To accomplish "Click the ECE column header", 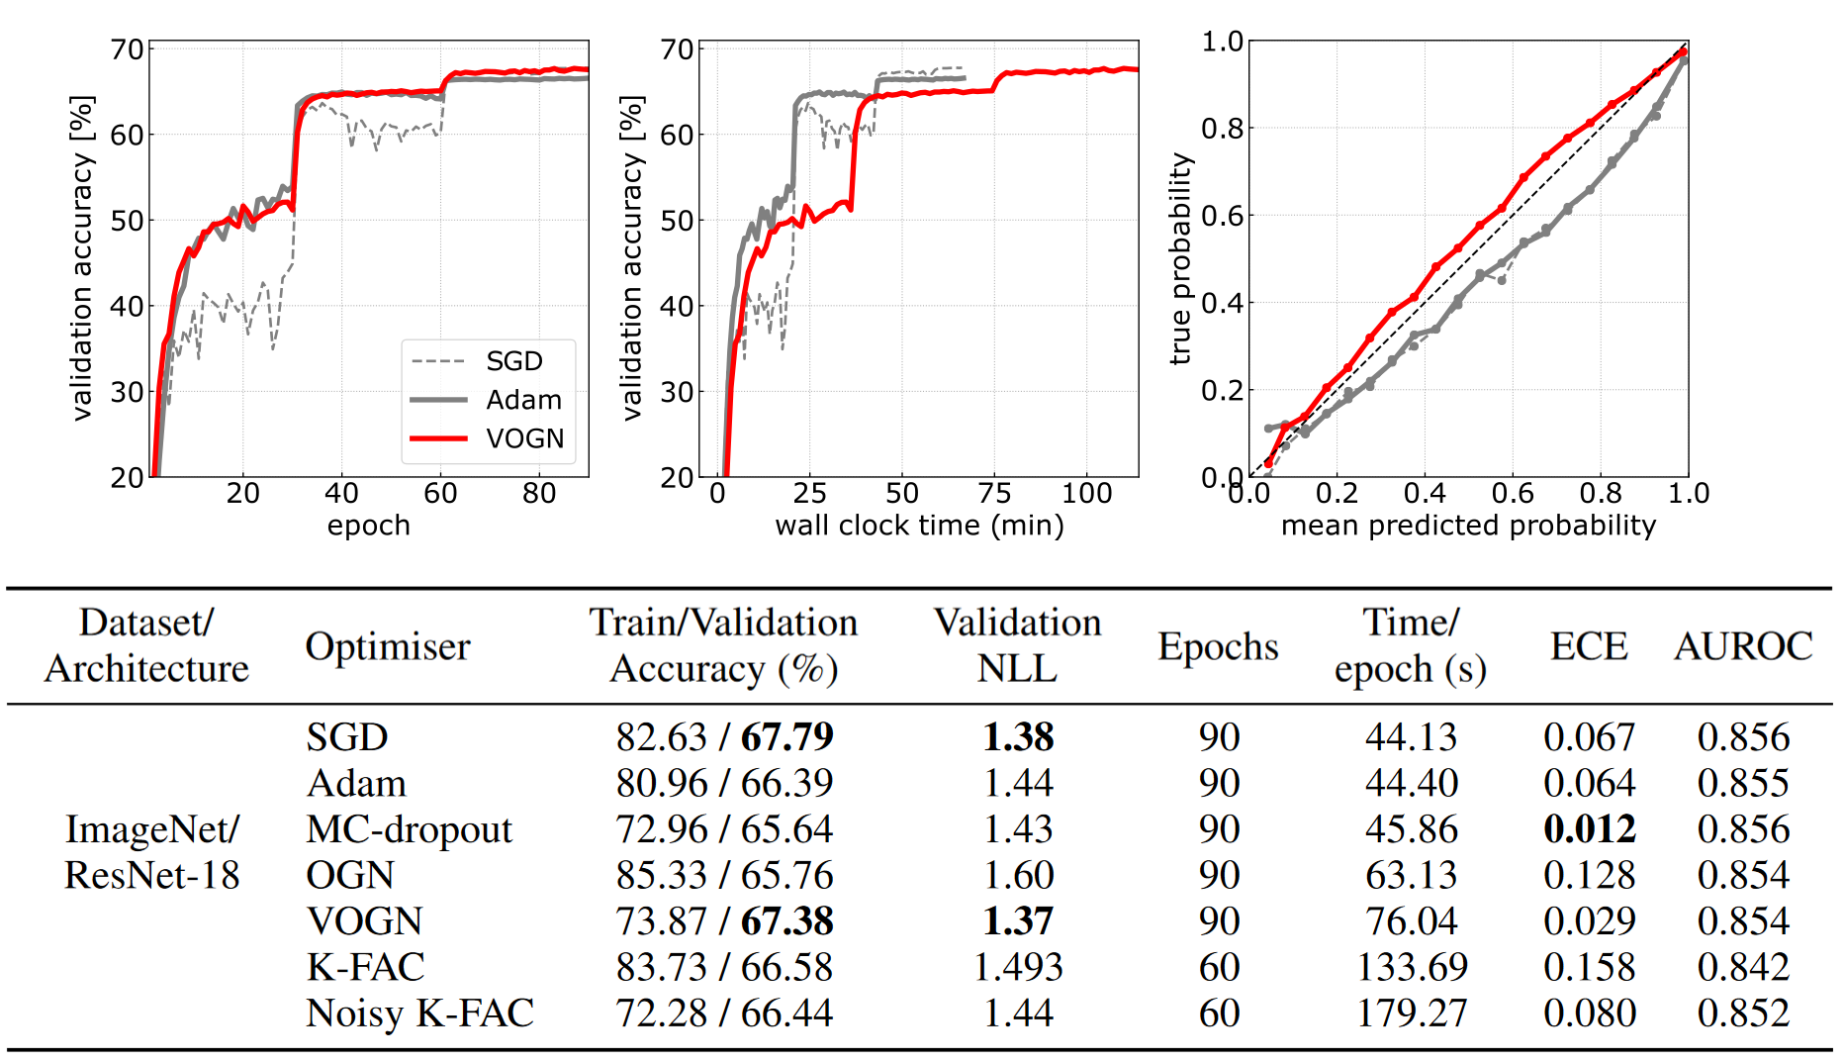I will point(1589,646).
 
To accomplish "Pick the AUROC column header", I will point(1743,646).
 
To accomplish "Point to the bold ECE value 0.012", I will point(1589,829).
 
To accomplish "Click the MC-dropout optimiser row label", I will point(409,829).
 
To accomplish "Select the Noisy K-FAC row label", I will point(419,1014).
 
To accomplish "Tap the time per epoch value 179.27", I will point(1412,1014).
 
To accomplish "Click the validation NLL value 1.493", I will point(1018,967).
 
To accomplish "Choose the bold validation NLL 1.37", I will point(1018,921).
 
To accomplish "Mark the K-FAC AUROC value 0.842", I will point(1743,967).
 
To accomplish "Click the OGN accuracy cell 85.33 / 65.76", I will point(724,875).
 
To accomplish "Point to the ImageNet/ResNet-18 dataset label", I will point(151,852).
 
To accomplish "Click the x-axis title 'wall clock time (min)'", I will point(919,526).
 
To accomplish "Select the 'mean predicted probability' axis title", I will point(1468,526).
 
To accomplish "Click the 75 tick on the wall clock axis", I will point(994,493).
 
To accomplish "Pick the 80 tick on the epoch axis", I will point(539,493).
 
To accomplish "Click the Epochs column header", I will point(1218,646).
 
